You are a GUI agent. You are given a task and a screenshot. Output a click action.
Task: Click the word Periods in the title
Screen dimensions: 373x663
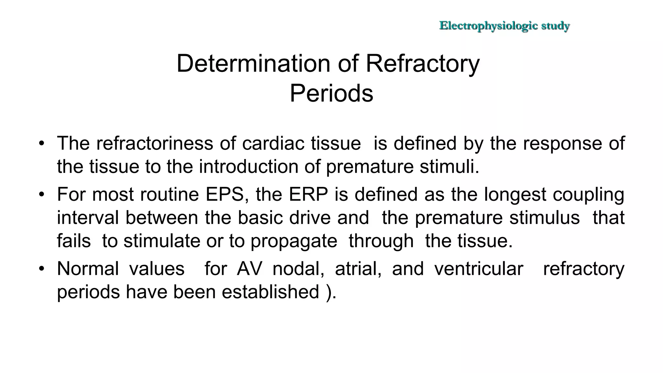coord(331,93)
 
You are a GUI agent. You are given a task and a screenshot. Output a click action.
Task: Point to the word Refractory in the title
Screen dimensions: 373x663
coord(422,63)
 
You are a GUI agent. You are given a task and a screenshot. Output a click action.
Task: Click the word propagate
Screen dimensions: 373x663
coord(294,241)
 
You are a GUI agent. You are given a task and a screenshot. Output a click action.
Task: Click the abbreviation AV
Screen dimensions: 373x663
coord(249,268)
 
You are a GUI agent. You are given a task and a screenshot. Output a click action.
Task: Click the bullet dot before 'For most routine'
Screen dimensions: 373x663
coord(41,195)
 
